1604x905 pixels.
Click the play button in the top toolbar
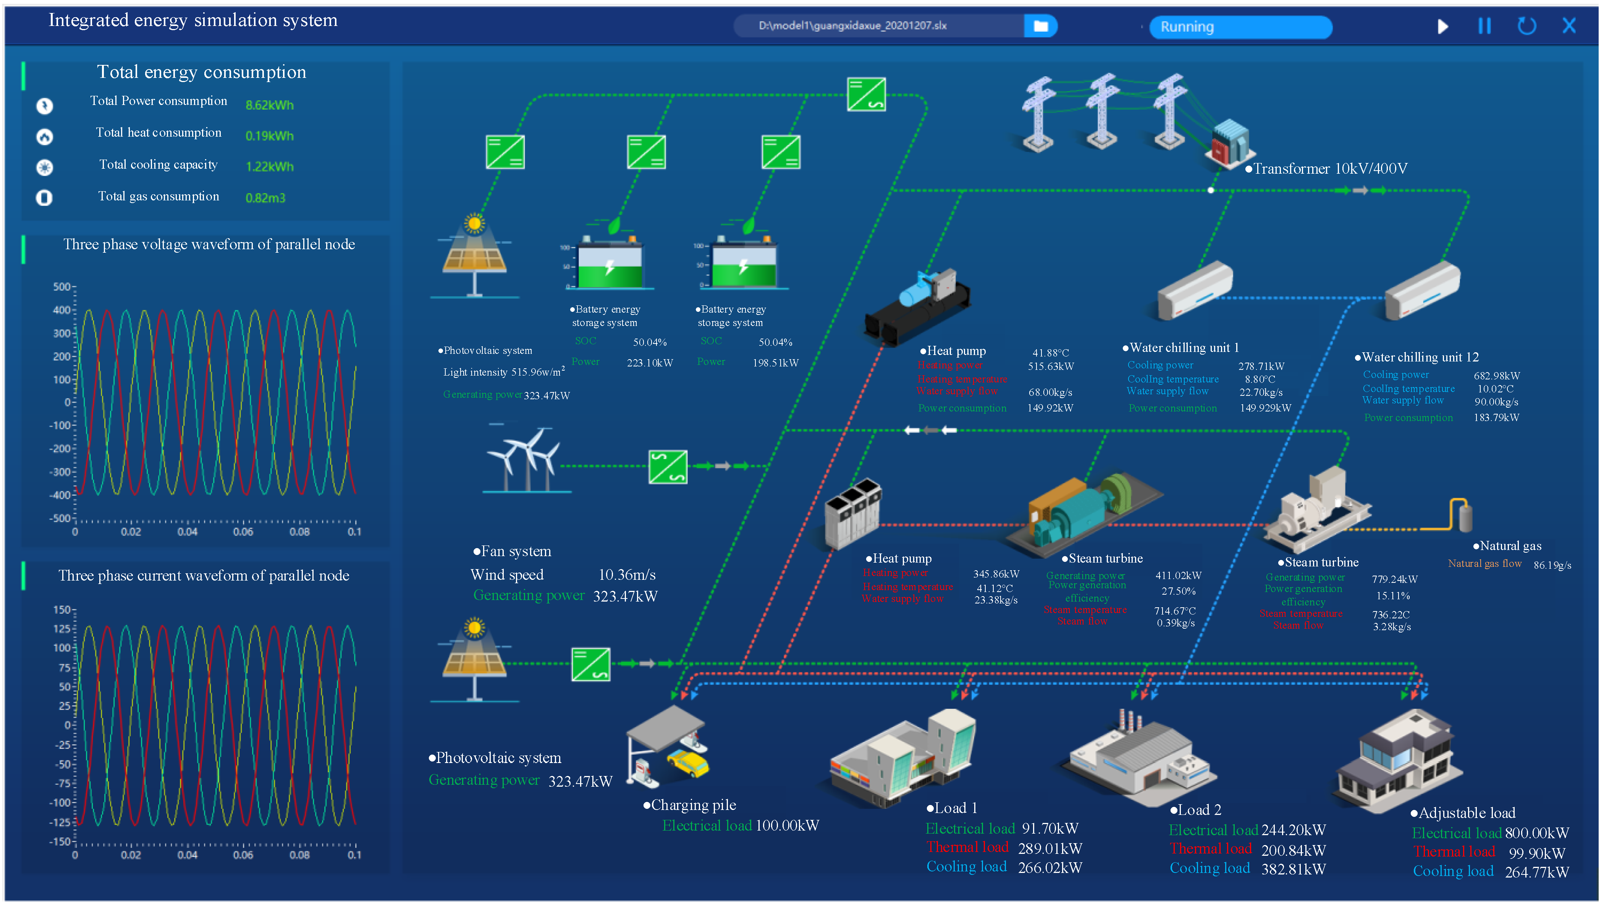[1442, 26]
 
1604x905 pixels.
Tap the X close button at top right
[1568, 26]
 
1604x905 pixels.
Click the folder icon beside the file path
[1040, 26]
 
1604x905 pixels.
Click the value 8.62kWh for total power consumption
[269, 105]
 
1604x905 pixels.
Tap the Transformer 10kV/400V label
[1329, 169]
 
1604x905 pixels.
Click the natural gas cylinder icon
[1466, 515]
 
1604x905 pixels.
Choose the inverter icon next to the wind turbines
[668, 466]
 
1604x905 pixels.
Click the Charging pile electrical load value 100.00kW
[787, 826]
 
